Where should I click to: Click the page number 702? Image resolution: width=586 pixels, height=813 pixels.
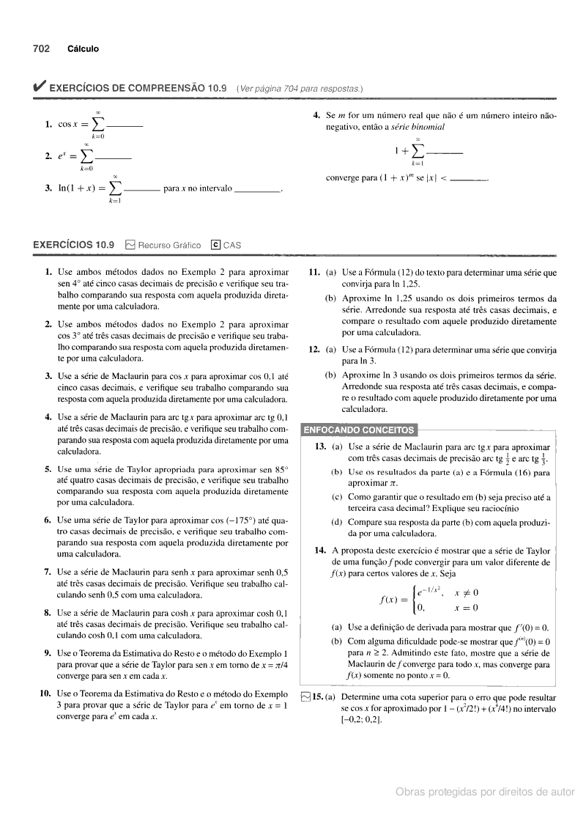pos(40,49)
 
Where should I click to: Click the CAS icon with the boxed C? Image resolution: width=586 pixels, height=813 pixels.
pos(215,246)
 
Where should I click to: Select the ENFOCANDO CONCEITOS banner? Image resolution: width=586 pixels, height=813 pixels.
pos(358,430)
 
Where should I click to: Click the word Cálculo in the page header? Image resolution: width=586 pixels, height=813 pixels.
pos(83,49)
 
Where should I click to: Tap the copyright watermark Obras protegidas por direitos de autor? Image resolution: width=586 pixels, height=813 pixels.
pos(485,792)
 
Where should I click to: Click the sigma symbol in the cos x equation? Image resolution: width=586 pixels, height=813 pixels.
pos(97,125)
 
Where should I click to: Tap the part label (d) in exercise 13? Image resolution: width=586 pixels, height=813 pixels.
pos(336,522)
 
